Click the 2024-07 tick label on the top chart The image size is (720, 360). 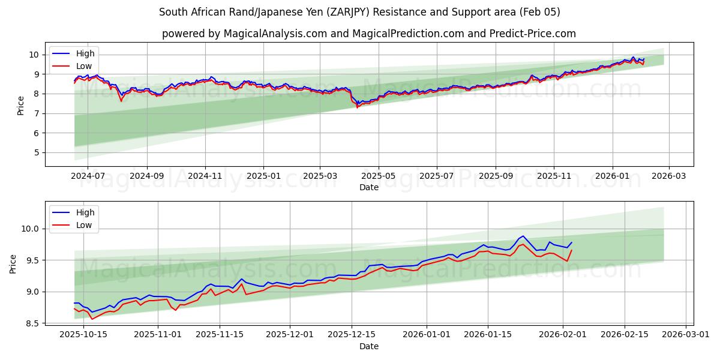pos(88,176)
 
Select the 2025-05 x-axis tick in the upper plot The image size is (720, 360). pos(379,176)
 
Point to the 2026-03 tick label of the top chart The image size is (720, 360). pos(669,176)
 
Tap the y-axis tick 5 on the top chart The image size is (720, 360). pos(37,152)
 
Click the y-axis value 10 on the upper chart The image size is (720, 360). pos(35,55)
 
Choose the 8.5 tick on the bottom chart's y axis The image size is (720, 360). pos(32,323)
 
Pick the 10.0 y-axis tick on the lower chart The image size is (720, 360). pos(30,229)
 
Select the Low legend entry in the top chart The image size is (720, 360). pos(84,66)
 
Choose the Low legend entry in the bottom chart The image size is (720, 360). pos(84,225)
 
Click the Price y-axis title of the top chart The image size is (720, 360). pos(21,105)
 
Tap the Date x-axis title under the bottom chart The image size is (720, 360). pos(369,346)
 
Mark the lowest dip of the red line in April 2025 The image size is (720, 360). pos(358,107)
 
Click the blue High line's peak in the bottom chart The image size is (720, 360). pos(523,236)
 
